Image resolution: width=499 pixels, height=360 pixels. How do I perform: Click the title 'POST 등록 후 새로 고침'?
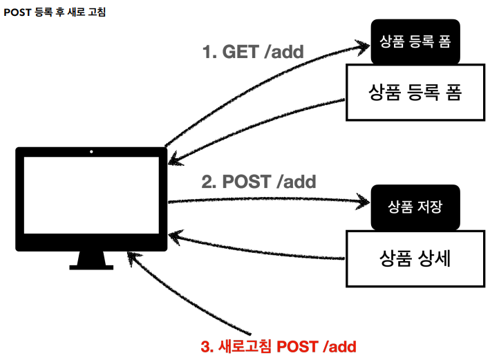coord(55,12)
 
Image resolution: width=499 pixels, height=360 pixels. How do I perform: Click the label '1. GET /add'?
coord(252,52)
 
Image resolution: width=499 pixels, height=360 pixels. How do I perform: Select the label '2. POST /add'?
coord(258,182)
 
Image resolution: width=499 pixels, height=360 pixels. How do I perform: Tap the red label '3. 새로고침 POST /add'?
coord(279,345)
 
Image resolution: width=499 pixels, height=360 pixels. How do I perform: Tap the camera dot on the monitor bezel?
coord(91,151)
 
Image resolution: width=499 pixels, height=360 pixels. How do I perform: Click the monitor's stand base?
coord(91,265)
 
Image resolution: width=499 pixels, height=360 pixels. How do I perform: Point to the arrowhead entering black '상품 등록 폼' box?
coord(364,46)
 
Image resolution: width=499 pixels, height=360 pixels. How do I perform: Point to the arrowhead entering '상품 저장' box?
coord(364,202)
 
